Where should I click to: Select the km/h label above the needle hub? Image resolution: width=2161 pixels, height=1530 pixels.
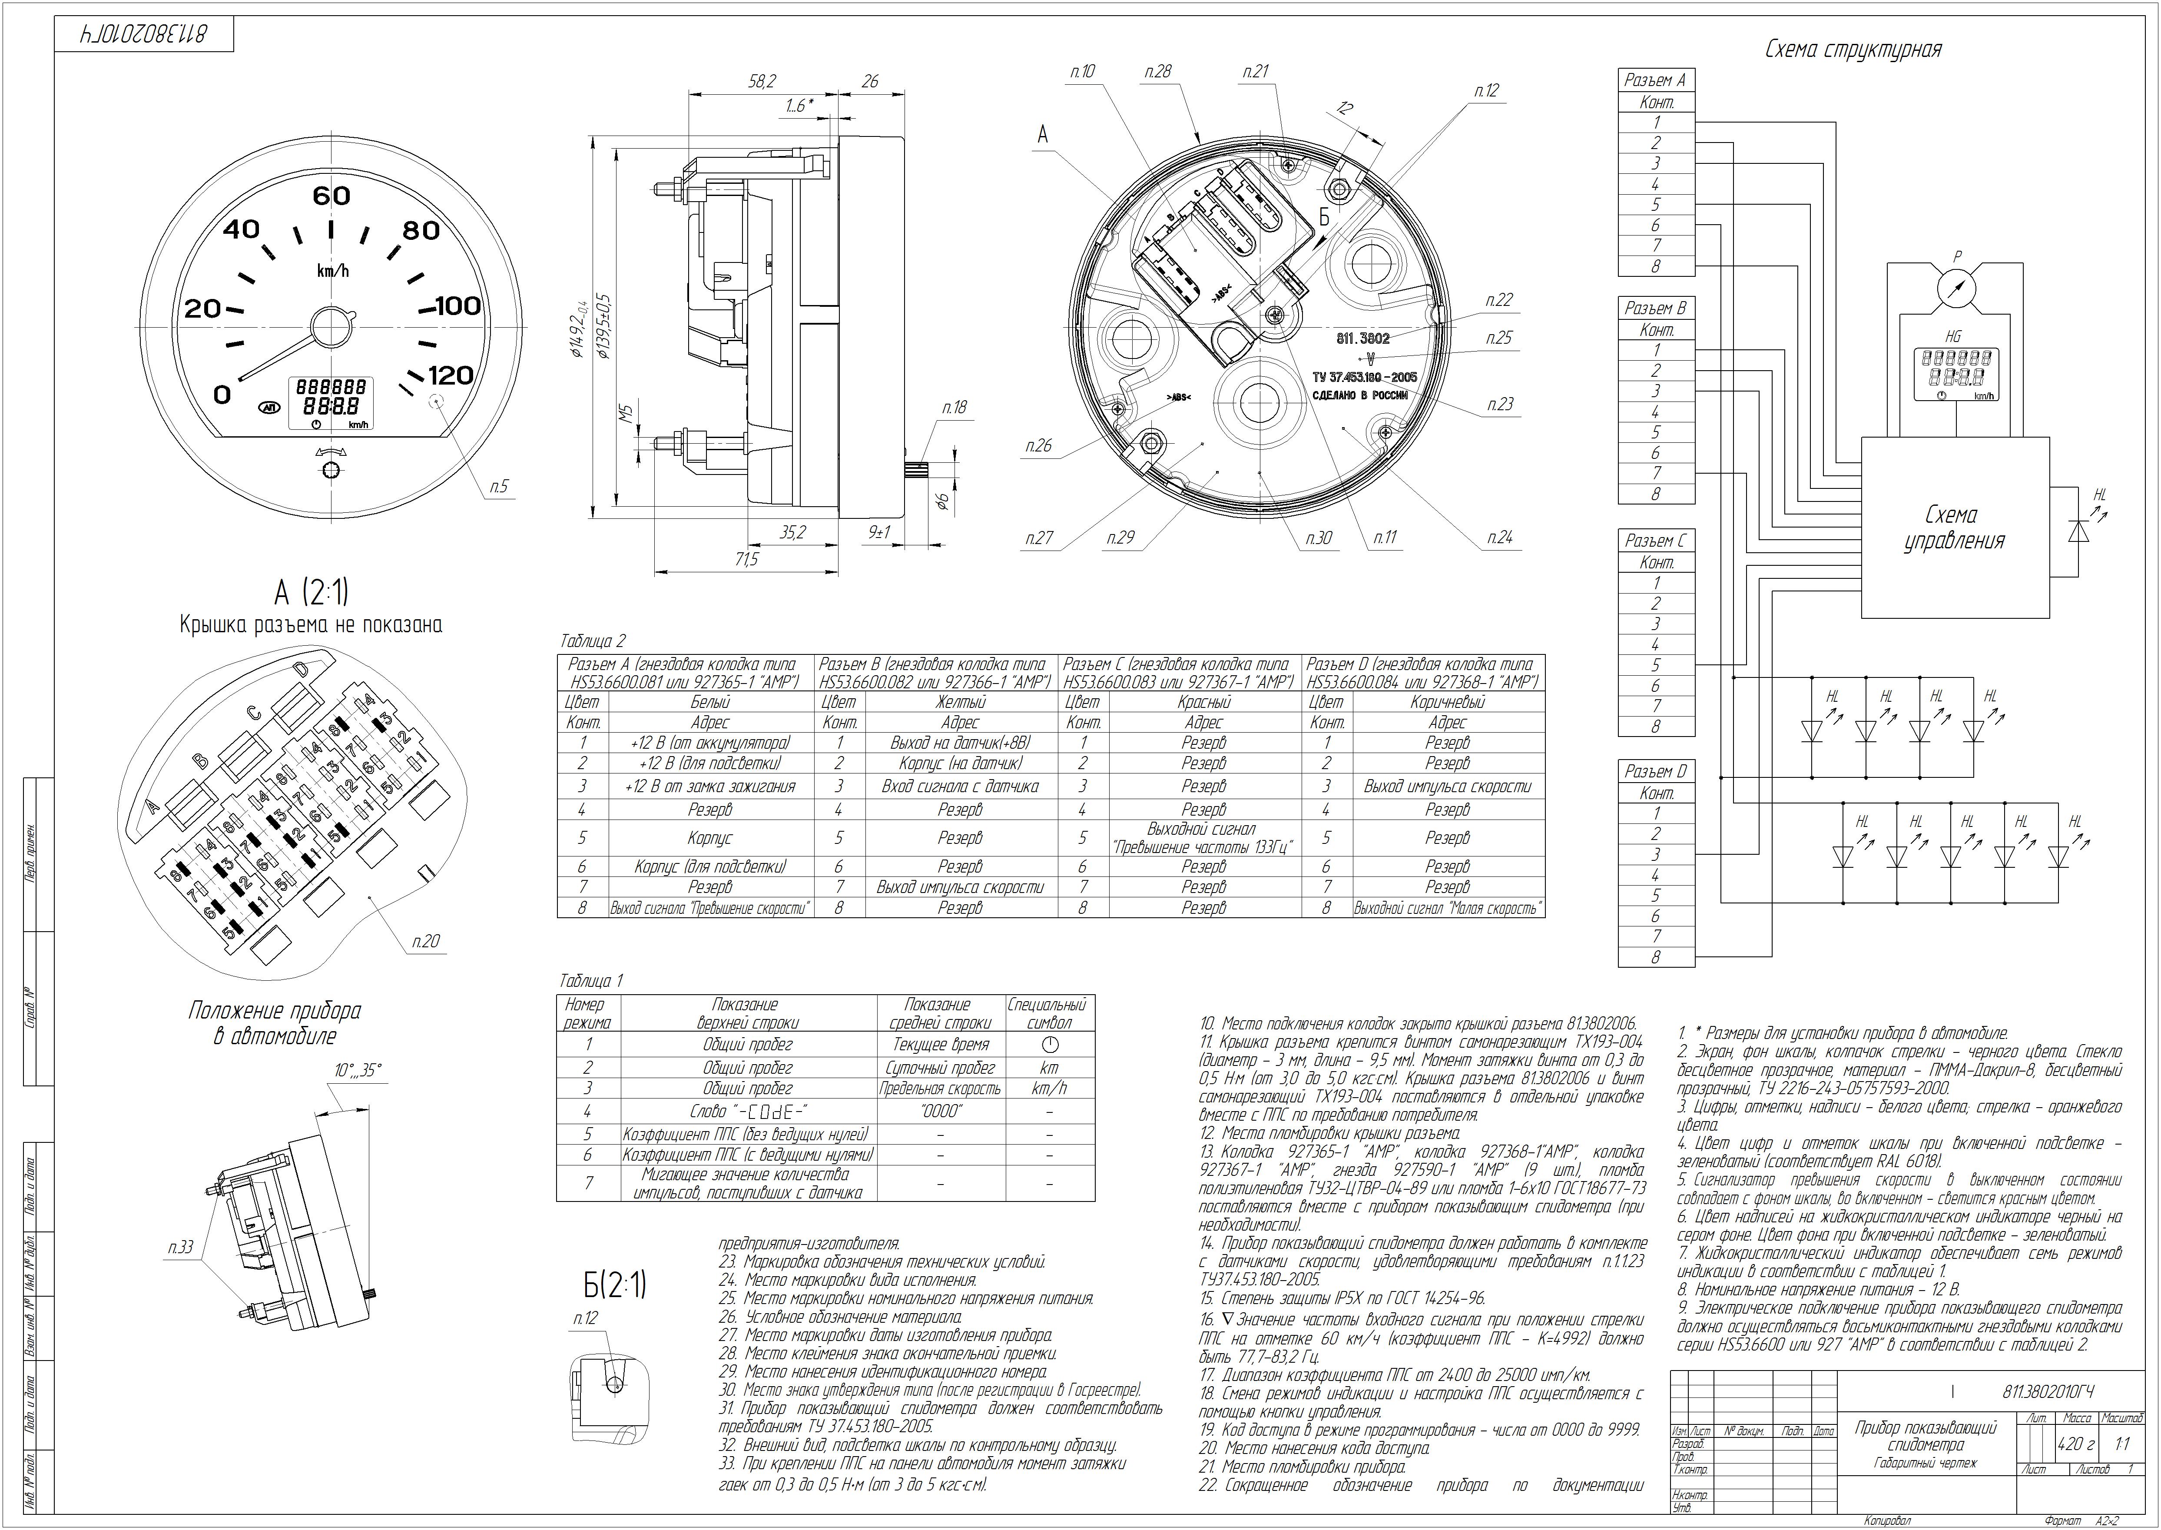tap(332, 271)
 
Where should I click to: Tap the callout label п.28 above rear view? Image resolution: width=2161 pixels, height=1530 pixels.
tap(1158, 72)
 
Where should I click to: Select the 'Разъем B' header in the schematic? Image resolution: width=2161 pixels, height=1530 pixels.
tap(1655, 308)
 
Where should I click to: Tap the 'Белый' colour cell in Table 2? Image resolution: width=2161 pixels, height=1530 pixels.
tap(709, 702)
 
